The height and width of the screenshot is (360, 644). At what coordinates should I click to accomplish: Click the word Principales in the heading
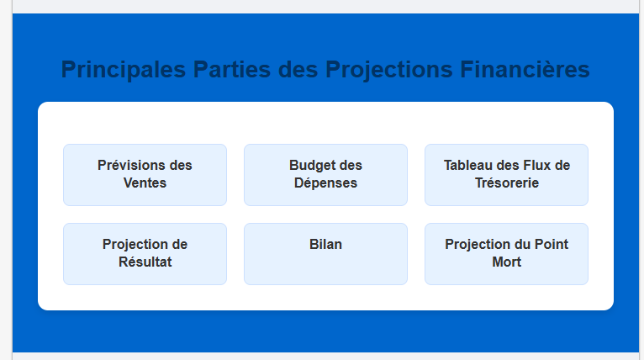tap(124, 70)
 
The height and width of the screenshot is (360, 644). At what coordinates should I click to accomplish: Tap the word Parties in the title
tap(232, 69)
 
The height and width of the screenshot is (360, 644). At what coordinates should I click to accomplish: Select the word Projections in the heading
tap(389, 70)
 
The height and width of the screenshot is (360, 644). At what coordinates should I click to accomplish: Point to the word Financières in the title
tap(525, 69)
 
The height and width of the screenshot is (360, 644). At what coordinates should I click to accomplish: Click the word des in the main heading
tap(298, 69)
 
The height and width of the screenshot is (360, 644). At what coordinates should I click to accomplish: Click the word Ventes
tap(145, 183)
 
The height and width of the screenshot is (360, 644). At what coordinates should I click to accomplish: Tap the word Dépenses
tap(325, 183)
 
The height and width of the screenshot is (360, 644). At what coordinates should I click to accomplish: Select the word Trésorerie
tap(507, 183)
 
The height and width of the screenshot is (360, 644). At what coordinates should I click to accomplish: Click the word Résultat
tap(145, 262)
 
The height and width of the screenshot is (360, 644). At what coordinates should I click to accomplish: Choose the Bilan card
tap(325, 254)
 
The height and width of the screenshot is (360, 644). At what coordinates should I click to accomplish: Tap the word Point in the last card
tap(552, 244)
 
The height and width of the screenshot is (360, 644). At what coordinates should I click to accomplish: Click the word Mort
tap(507, 262)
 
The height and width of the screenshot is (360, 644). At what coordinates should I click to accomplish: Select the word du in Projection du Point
tap(522, 244)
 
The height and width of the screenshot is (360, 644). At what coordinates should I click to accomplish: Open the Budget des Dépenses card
tap(325, 175)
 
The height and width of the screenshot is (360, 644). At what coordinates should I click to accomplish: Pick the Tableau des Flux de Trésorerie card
tap(506, 175)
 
